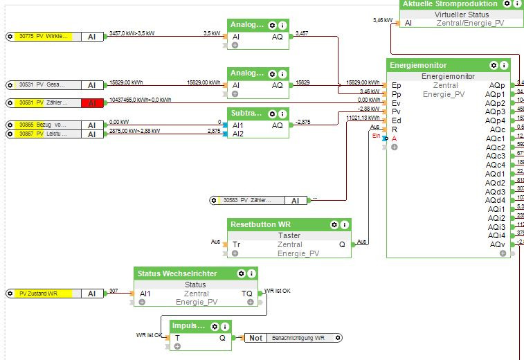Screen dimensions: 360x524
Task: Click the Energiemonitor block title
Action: (x=419, y=65)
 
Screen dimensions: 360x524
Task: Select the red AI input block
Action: (x=91, y=103)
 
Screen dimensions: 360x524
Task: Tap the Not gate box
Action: (x=255, y=338)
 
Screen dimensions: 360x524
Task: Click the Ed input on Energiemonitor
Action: (x=397, y=120)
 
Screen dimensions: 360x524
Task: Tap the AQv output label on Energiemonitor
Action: (x=496, y=244)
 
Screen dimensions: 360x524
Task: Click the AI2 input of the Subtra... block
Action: (x=237, y=134)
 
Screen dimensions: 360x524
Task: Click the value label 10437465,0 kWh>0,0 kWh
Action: (x=140, y=100)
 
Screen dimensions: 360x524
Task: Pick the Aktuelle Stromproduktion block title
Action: (x=450, y=3)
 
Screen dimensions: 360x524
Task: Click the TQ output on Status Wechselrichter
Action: (x=247, y=294)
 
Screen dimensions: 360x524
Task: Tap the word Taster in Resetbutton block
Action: (x=290, y=235)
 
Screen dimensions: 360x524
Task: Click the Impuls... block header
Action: (x=189, y=325)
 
